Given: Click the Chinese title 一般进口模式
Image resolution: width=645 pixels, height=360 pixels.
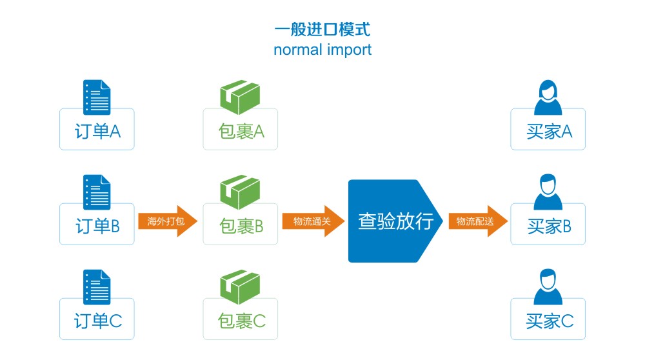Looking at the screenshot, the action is click(x=322, y=29).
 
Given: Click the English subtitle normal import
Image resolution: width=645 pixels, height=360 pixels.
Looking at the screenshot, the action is click(x=322, y=50).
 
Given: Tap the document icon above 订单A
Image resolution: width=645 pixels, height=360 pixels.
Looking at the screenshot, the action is click(x=97, y=97).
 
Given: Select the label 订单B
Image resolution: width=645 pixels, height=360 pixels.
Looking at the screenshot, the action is click(x=97, y=226).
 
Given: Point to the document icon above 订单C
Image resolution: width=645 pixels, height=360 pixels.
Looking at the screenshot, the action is click(x=97, y=287).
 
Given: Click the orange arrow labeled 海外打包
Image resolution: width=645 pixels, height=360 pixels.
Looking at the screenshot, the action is click(x=168, y=221).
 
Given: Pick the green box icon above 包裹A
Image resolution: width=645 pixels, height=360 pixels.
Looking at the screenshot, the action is click(x=240, y=97).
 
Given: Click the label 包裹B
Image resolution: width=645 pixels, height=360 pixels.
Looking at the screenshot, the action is click(x=241, y=226).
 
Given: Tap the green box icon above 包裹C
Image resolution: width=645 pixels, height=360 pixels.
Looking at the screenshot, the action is click(x=240, y=287).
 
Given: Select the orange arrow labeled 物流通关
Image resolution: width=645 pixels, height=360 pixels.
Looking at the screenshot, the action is click(x=313, y=221).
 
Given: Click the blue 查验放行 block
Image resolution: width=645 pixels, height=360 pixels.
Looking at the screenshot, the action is click(x=395, y=221).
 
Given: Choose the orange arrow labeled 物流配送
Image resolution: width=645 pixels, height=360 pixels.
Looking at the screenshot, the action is click(x=477, y=221).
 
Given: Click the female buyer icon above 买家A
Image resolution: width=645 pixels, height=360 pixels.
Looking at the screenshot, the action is click(x=548, y=97).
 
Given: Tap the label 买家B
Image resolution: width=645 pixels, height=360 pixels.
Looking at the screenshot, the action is click(x=549, y=226).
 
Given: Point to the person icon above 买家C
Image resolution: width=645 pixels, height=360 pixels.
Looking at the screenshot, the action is click(x=548, y=286).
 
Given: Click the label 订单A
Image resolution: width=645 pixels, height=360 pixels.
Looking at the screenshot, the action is click(x=97, y=131).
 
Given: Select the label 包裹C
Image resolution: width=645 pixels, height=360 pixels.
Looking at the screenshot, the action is click(x=242, y=321).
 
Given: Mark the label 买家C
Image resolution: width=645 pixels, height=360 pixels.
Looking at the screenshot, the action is click(x=550, y=321).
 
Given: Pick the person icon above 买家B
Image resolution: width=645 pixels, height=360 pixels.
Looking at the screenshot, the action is click(x=548, y=192).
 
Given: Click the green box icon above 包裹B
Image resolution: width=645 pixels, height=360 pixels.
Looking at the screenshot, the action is click(x=240, y=192).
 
